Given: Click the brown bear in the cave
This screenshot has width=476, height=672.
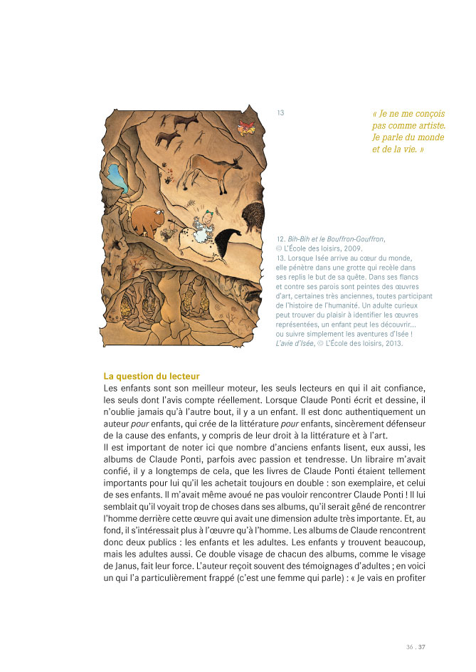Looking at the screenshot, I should coord(149,219).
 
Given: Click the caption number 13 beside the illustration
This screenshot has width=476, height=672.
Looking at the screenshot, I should coord(280,112).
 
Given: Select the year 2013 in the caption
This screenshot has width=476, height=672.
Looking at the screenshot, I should coord(391,343).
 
